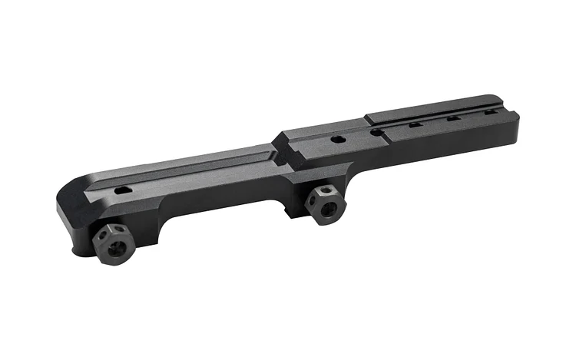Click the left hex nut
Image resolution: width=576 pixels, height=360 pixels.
click(114, 245)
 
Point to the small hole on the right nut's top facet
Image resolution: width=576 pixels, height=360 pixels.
click(326, 190)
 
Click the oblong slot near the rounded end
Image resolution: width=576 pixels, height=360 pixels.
click(123, 190)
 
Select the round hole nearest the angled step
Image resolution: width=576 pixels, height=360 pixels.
click(336, 140)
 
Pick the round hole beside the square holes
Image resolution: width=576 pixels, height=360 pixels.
click(376, 132)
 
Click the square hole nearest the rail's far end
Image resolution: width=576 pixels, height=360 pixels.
click(490, 112)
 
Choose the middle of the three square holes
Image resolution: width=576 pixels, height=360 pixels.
click(453, 119)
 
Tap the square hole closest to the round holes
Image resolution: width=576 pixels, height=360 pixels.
click(415, 125)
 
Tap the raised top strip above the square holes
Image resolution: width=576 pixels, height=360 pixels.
click(438, 107)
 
